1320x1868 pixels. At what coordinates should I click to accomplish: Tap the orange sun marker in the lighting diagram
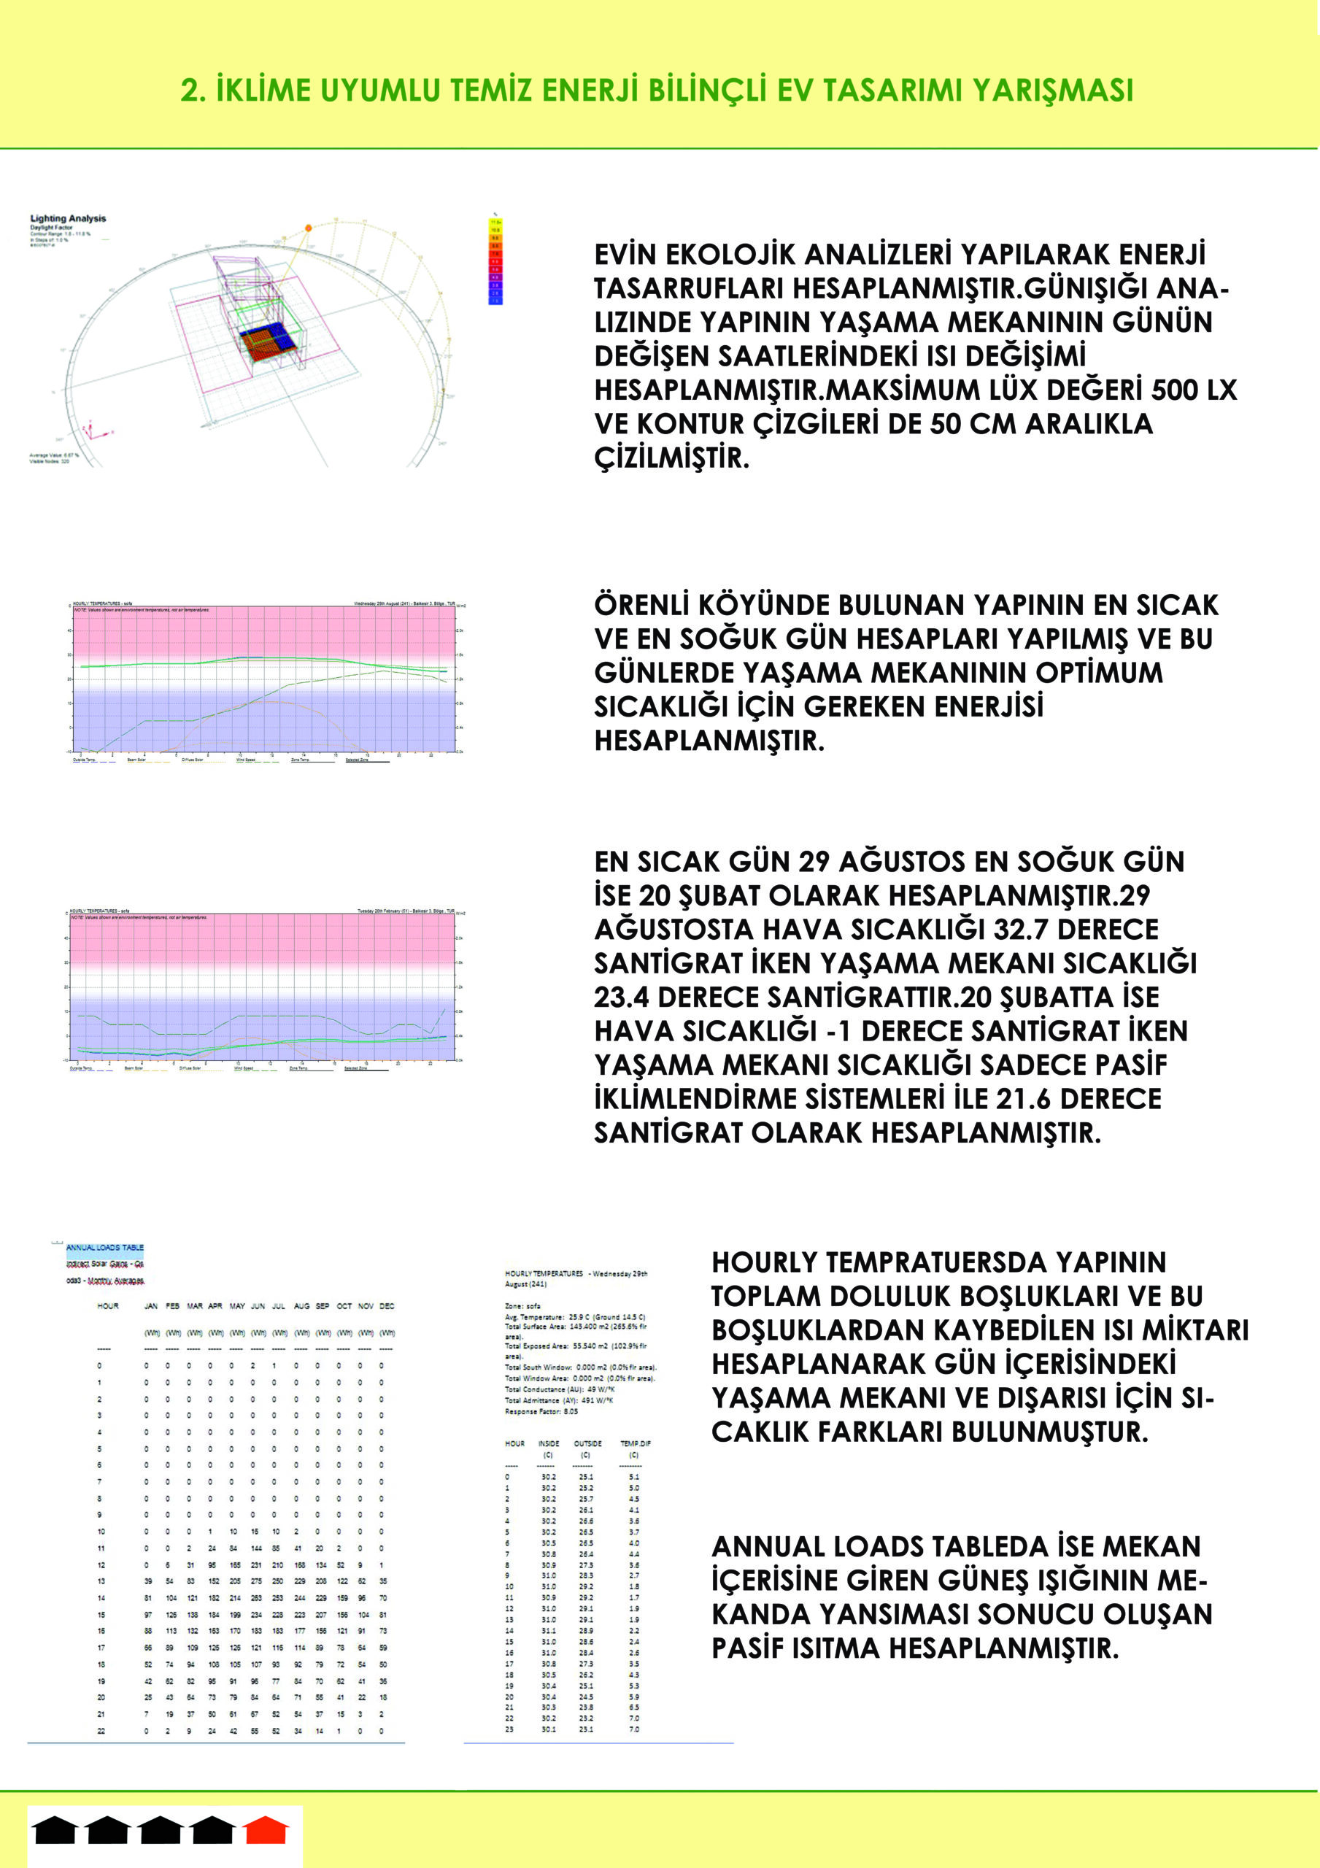click(x=309, y=228)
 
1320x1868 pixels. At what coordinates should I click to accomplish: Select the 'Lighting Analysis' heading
click(x=69, y=218)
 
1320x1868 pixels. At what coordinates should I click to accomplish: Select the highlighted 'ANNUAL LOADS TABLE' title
click(x=105, y=1247)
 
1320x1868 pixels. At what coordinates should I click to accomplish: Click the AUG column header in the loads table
click(x=301, y=1306)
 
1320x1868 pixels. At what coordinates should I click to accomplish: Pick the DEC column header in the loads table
click(x=387, y=1306)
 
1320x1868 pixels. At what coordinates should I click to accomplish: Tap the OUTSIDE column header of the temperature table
click(x=587, y=1443)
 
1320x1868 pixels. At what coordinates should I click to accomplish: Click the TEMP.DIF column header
click(x=635, y=1443)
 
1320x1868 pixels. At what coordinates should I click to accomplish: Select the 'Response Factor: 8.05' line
click(x=541, y=1411)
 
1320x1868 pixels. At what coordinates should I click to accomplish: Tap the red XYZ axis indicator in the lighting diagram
click(x=96, y=433)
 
